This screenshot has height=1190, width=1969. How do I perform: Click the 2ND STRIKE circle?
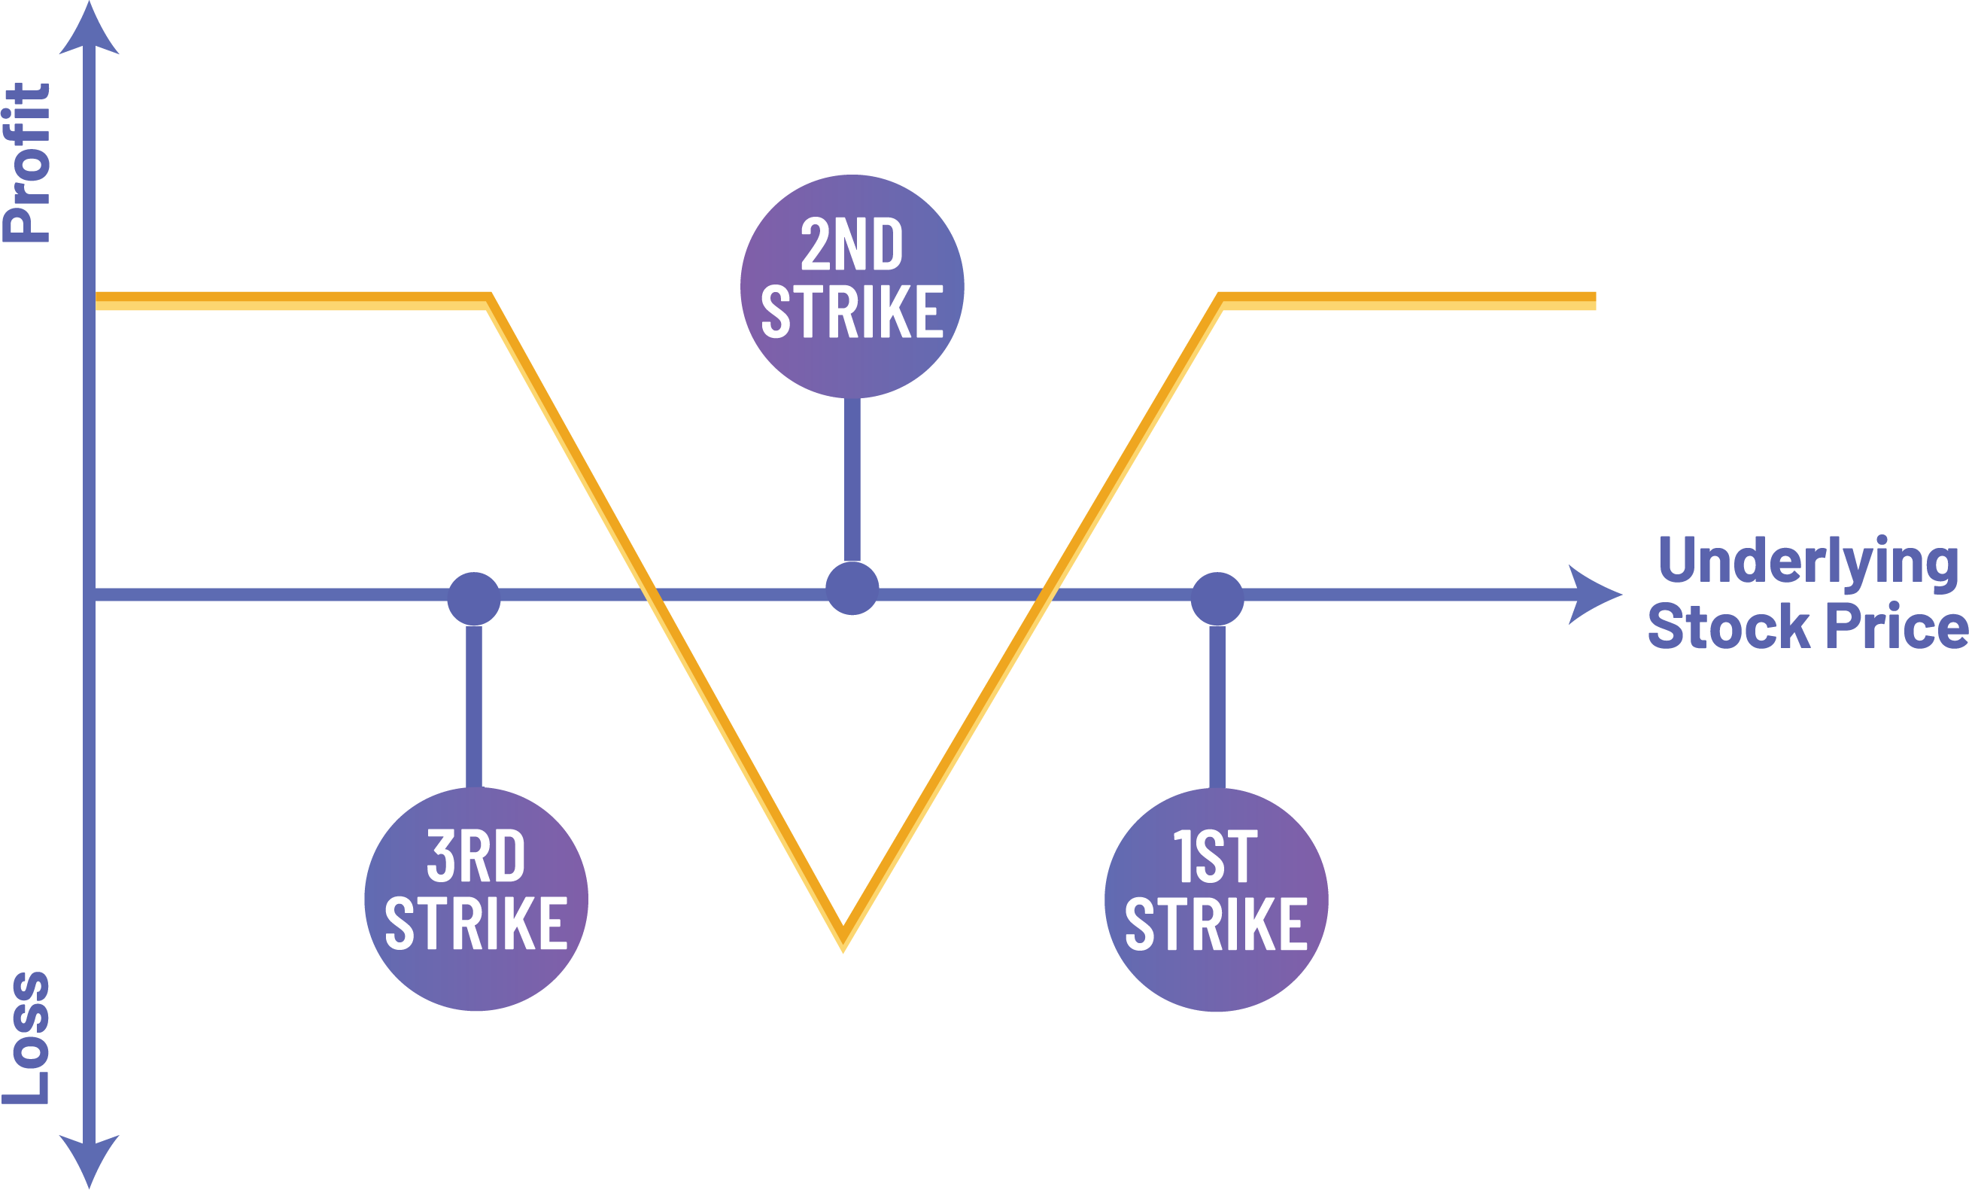[x=852, y=285]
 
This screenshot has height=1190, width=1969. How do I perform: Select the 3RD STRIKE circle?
[x=476, y=899]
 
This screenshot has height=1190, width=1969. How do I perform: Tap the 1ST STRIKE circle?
[x=1217, y=899]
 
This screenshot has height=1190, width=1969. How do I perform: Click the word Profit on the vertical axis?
[x=27, y=163]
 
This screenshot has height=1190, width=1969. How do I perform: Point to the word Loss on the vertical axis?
[x=27, y=1039]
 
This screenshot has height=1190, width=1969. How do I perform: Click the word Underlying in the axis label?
[x=1807, y=561]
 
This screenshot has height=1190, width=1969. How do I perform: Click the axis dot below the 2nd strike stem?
[x=852, y=588]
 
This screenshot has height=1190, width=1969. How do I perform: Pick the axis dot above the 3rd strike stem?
[x=474, y=598]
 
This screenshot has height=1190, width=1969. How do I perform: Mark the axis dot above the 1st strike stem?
[x=1217, y=598]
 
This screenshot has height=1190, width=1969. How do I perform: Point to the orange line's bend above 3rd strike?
[x=489, y=300]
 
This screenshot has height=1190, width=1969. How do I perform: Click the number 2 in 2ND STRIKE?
[x=815, y=245]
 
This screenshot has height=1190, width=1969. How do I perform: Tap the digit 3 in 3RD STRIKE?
[x=440, y=857]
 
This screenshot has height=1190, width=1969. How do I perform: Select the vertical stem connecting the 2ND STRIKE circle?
[x=852, y=479]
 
